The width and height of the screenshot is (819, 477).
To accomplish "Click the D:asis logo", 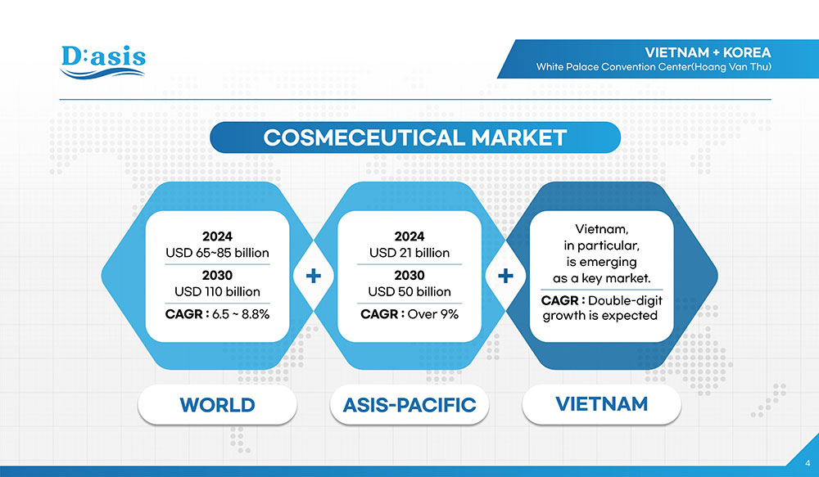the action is point(103,62).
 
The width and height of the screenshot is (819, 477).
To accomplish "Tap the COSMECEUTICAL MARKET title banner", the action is point(415,137).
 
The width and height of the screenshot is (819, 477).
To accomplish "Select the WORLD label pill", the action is point(217,405).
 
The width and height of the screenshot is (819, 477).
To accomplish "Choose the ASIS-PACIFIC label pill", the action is point(409,405).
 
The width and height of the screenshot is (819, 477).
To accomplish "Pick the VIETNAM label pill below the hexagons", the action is point(602,404).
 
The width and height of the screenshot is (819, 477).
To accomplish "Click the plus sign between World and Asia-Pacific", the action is point(314,276).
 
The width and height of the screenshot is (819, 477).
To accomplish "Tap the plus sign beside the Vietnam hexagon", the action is point(505,276).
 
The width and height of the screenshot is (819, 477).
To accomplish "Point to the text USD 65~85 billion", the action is point(217,253).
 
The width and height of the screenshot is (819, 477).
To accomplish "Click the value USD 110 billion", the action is point(217,292).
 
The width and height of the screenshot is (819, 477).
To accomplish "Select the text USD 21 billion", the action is point(409,253).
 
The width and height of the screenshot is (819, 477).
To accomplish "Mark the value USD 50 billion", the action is point(409,292).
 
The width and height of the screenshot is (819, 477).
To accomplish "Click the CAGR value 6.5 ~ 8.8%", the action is point(241,314).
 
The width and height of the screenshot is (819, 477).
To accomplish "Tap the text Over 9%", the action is point(433,314).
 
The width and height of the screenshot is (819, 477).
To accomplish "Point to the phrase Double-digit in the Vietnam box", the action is point(625,300).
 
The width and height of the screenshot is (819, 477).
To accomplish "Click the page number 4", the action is point(808,463).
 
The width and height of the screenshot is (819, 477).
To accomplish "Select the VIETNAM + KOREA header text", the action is point(708,52).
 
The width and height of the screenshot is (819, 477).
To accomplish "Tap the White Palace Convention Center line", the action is point(654,67).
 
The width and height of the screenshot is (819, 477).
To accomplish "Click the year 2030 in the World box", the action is point(217,275).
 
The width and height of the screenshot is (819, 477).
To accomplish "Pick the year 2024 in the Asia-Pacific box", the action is point(409,236).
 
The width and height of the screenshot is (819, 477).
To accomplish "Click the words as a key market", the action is point(602,278).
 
